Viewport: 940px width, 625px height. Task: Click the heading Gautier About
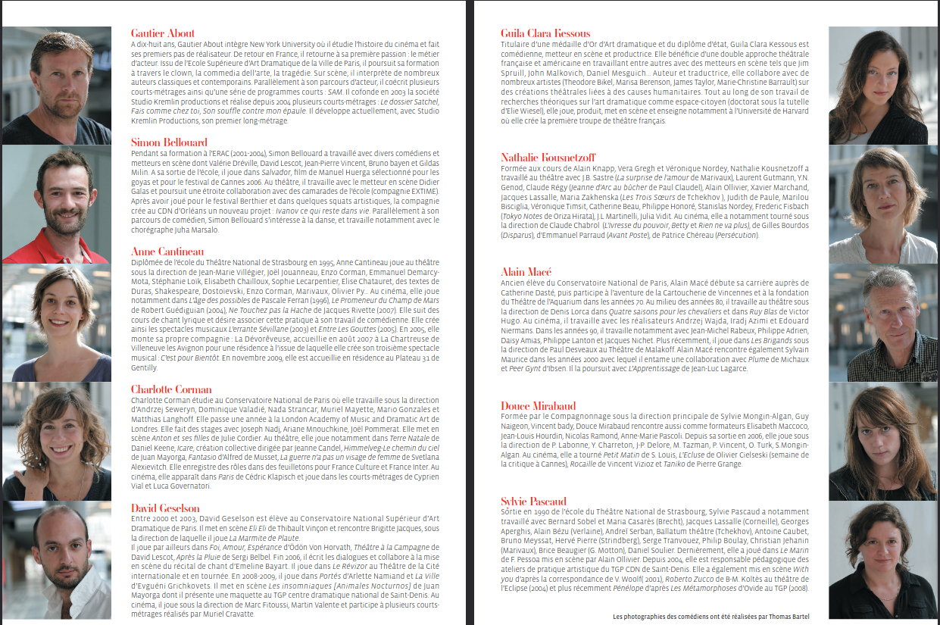pyautogui.click(x=163, y=33)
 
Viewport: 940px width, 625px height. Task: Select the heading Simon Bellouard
pyautogui.click(x=169, y=142)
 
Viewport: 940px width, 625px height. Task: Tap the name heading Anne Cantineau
pyautogui.click(x=167, y=252)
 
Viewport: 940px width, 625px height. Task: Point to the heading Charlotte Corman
pyautogui.click(x=171, y=389)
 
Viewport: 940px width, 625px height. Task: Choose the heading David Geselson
pyautogui.click(x=165, y=508)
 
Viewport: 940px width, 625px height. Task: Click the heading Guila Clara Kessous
pyautogui.click(x=545, y=33)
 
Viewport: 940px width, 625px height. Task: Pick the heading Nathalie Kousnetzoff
pyautogui.click(x=548, y=158)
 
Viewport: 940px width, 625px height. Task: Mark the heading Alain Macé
pyautogui.click(x=526, y=271)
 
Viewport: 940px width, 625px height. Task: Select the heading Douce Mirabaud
pyautogui.click(x=539, y=406)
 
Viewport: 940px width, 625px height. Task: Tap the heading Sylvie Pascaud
pyautogui.click(x=534, y=502)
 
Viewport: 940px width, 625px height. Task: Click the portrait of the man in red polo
pyautogui.click(x=57, y=205)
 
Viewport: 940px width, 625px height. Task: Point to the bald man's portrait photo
pyautogui.click(x=57, y=561)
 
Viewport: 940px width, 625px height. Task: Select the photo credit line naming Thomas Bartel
pyautogui.click(x=710, y=617)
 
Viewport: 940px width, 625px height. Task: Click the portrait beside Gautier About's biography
pyautogui.click(x=57, y=86)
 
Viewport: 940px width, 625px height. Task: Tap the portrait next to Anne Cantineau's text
pyautogui.click(x=57, y=323)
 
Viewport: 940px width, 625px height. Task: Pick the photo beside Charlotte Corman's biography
pyautogui.click(x=57, y=441)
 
